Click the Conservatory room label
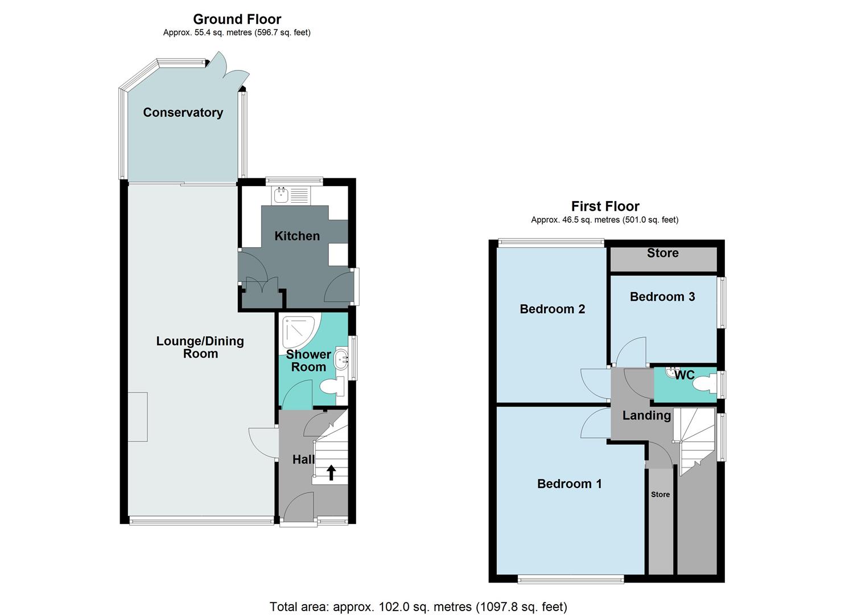click(183, 113)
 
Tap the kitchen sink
click(281, 196)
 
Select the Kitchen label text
click(297, 236)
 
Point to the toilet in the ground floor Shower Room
click(332, 388)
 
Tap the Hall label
click(303, 459)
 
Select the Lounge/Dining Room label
click(200, 347)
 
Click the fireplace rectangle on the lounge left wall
click(138, 417)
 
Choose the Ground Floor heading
click(237, 20)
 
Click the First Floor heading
click(605, 206)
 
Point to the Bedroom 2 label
click(552, 309)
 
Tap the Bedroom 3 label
click(662, 297)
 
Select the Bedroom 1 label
click(569, 484)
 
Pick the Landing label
click(646, 416)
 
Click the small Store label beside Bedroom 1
click(660, 494)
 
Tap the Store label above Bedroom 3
click(662, 253)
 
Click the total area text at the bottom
click(418, 606)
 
